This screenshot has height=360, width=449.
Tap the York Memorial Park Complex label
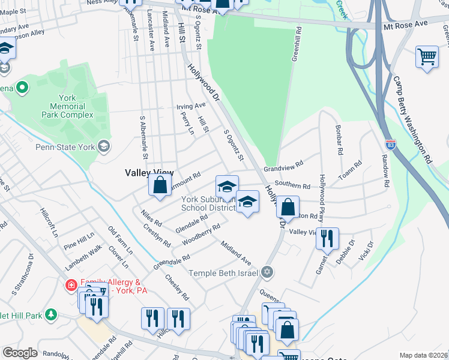pyautogui.click(x=67, y=106)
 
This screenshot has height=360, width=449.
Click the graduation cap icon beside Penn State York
pyautogui.click(x=104, y=146)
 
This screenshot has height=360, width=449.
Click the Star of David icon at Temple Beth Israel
pyautogui.click(x=268, y=273)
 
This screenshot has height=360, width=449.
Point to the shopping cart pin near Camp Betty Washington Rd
pyautogui.click(x=427, y=58)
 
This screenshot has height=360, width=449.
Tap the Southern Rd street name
pyautogui.click(x=292, y=185)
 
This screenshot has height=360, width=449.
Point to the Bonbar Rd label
pyautogui.click(x=339, y=140)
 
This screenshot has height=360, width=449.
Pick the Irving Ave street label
pyautogui.click(x=191, y=106)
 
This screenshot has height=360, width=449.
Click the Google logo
pyautogui.click(x=20, y=353)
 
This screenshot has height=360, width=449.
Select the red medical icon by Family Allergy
pyautogui.click(x=70, y=285)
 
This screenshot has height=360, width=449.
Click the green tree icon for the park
pyautogui.click(x=51, y=314)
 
